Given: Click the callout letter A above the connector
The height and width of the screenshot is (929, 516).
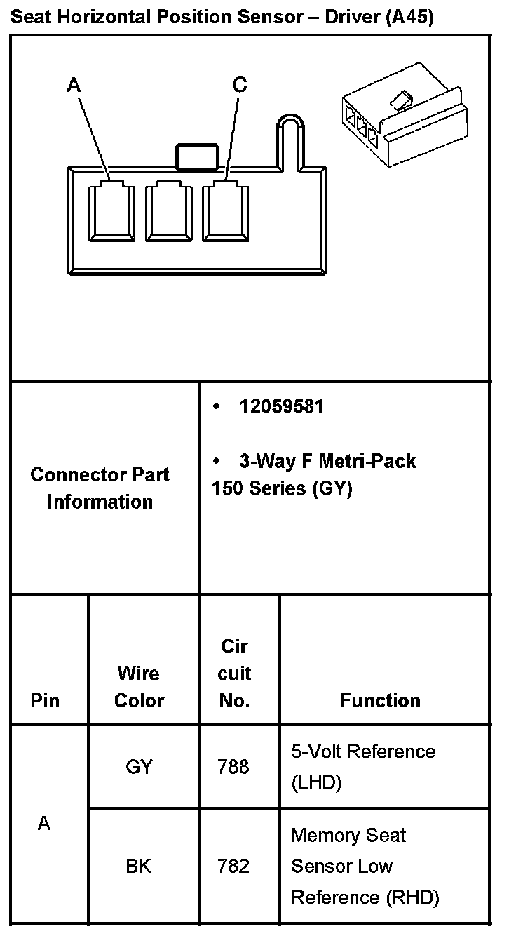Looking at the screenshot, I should point(74,86).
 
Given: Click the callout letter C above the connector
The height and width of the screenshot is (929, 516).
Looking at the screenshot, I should point(240,85).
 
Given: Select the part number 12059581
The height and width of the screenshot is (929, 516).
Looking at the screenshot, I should point(281,407).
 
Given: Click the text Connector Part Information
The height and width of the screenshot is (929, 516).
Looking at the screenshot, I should point(100,488).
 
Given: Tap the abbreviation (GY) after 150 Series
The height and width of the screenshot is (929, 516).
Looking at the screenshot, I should point(332,488).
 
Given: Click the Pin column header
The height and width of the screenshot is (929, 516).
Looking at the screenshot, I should point(45,700).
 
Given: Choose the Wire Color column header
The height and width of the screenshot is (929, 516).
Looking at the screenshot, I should point(139,687).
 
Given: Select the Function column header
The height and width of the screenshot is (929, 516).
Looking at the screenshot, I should point(380,700).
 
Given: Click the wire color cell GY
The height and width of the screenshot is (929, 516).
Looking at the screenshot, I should point(139,767).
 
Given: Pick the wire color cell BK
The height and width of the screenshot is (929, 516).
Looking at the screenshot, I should point(138,867).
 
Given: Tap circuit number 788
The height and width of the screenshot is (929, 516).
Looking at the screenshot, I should point(233,767).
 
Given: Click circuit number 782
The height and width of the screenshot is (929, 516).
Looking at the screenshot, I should point(233,867).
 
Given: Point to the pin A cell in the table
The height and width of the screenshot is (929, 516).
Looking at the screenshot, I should point(44,824).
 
